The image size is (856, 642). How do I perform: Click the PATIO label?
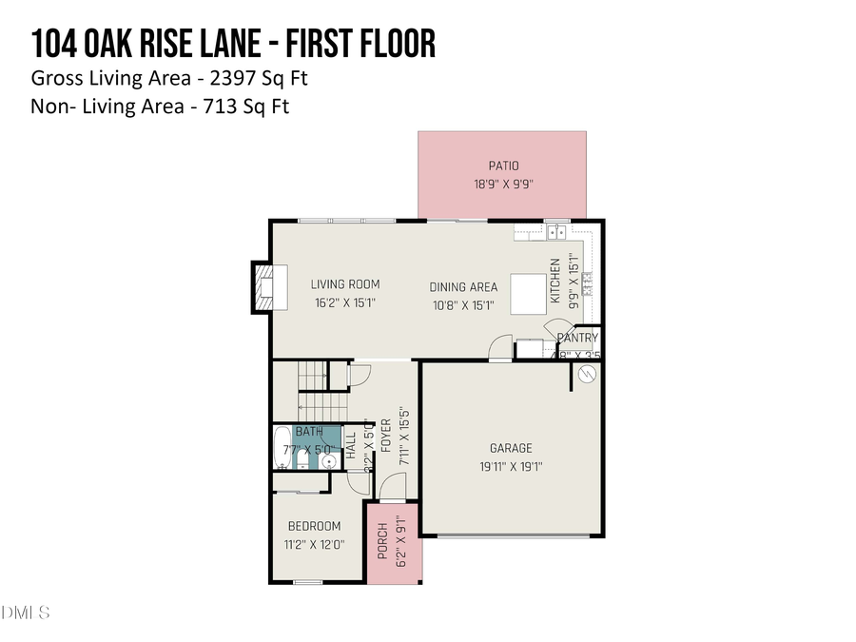click(503, 166)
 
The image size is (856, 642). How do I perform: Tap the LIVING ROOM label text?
click(345, 283)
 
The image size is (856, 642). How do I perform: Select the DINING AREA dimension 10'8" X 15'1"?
click(463, 305)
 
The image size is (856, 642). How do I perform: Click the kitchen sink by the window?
click(555, 231)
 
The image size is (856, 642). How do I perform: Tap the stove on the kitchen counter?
click(586, 281)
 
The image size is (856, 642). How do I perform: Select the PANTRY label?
click(578, 338)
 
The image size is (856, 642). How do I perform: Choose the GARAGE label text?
click(511, 448)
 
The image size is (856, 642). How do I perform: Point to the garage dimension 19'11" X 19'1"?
click(511, 466)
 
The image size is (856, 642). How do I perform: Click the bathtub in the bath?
click(282, 448)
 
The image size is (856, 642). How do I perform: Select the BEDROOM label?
click(315, 526)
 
